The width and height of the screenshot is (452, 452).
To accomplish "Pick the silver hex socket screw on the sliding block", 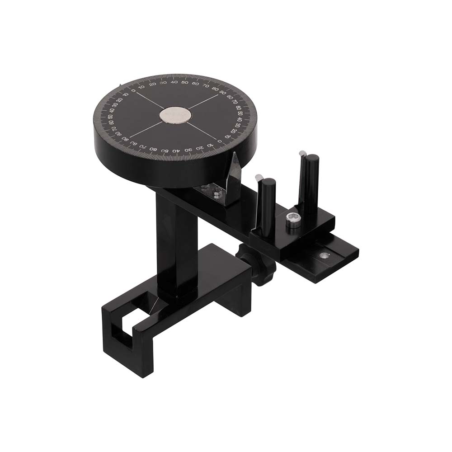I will pos(293,220).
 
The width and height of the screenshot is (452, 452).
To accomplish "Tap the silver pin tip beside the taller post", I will pos(301,154).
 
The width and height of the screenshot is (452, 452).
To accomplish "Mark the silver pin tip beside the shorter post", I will pos(258,177).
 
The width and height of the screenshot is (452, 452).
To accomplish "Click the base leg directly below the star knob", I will pos(235,298).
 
